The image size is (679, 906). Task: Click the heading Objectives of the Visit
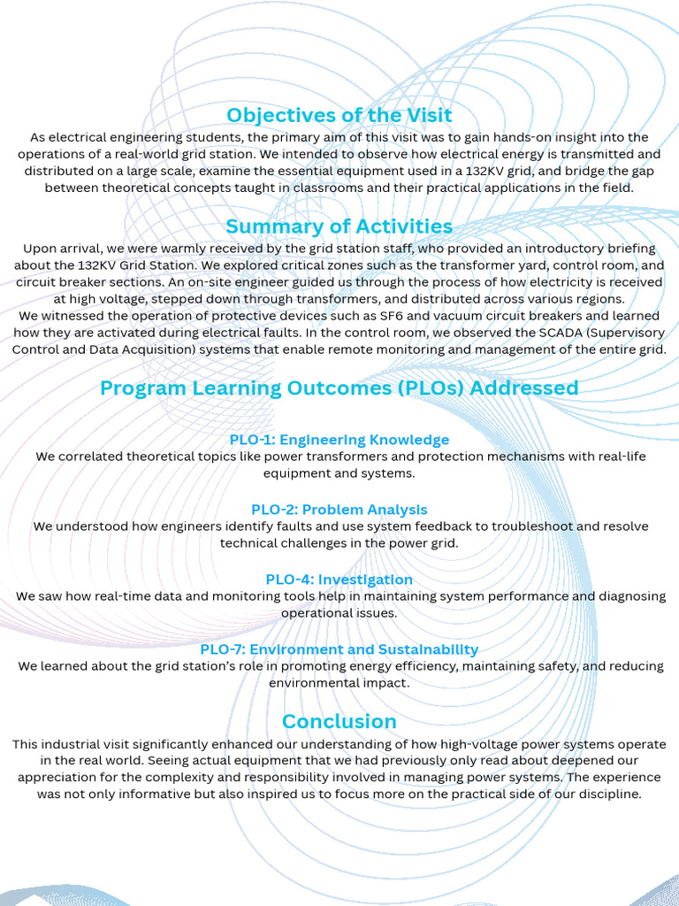click(339, 115)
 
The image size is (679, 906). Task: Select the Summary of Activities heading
click(339, 226)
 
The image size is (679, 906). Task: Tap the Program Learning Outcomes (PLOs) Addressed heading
click(339, 388)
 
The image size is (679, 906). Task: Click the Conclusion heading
click(339, 721)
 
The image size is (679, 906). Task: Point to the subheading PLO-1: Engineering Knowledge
click(339, 440)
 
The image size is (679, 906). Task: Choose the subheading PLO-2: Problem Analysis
click(339, 510)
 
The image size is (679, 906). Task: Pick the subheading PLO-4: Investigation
click(339, 580)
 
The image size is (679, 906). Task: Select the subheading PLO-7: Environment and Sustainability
click(339, 649)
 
